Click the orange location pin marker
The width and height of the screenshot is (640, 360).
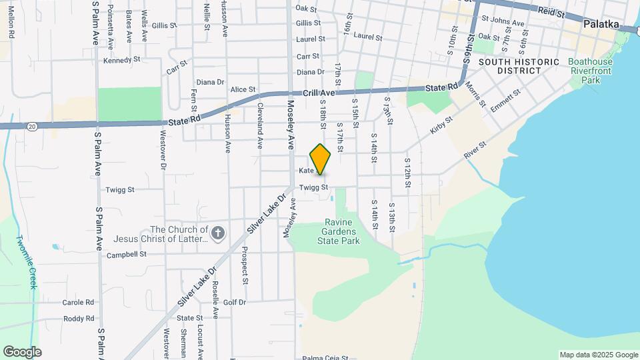(x=321, y=159)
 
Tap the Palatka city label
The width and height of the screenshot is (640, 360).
(x=601, y=24)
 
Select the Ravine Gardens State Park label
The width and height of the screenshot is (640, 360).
(x=342, y=231)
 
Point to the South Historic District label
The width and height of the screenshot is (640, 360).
(x=519, y=65)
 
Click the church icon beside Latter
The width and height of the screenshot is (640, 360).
(x=219, y=233)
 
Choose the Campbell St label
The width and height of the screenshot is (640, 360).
(x=126, y=254)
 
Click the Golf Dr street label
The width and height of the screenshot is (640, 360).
(x=235, y=302)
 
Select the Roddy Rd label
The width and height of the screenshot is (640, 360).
(x=79, y=319)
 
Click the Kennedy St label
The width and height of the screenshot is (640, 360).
(x=121, y=60)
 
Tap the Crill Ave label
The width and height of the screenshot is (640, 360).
(x=318, y=94)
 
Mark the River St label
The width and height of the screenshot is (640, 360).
(x=476, y=149)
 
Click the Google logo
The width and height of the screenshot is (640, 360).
(x=22, y=352)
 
